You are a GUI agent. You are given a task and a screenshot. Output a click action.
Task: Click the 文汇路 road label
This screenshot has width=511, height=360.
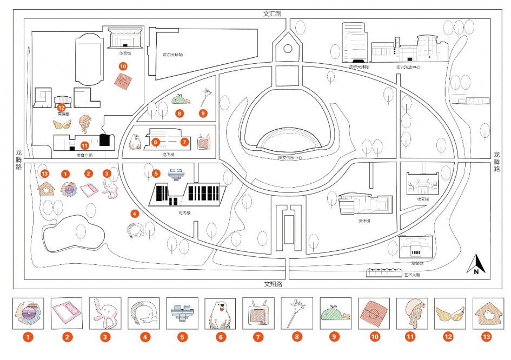pos(272,14)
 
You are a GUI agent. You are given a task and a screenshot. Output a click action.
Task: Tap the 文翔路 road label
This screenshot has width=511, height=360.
pos(273,284)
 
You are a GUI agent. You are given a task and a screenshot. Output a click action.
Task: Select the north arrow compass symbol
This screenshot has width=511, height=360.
pos(476,264)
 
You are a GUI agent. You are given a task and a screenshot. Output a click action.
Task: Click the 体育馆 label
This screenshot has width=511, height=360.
pos(125,53)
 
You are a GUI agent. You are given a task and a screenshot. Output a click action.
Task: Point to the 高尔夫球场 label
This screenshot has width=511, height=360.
pos(173,55)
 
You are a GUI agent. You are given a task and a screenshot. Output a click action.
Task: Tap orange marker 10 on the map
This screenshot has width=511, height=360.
pos(123,66)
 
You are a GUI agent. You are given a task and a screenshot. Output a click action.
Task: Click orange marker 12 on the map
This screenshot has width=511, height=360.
pos(61,107)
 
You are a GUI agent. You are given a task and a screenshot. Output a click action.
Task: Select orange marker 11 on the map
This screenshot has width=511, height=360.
pos(84,145)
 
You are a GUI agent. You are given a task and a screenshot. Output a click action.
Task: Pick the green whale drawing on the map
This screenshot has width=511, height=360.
pos(180,99)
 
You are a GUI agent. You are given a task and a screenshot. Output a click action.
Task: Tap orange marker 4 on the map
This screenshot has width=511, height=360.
pos(135,214)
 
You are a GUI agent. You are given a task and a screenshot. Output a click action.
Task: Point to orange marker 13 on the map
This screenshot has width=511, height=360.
pos(45,174)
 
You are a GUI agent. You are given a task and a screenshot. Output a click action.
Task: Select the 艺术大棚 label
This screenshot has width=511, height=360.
pos(412,275)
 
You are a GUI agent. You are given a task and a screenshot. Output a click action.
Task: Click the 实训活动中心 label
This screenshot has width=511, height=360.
pos(408,67)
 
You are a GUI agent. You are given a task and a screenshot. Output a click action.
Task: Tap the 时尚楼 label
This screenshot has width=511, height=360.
pos(185,212)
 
